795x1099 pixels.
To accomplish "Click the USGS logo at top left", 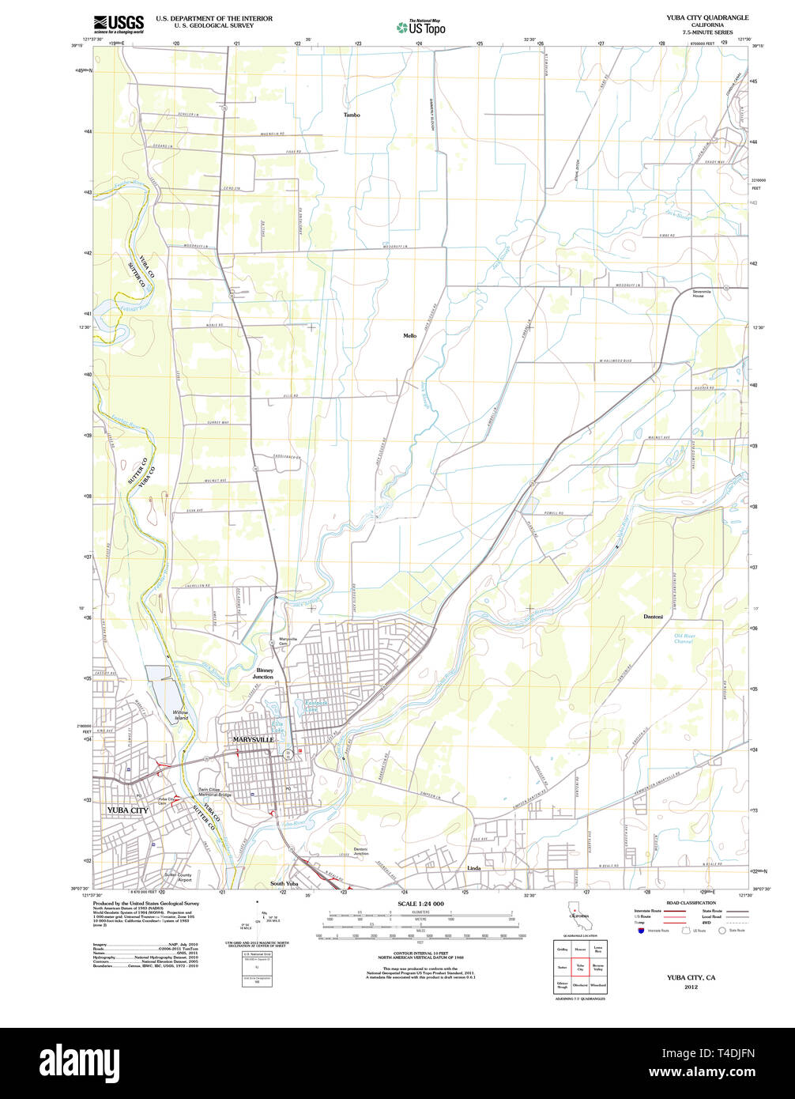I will tap(119, 24).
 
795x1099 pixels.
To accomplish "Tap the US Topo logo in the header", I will tap(421, 27).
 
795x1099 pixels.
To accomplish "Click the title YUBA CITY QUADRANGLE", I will tap(706, 17).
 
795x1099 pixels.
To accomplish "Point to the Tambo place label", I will tap(352, 115).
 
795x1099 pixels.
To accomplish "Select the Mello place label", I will tap(409, 336).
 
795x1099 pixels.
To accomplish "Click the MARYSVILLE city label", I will tap(254, 739).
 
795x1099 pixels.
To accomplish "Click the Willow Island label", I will tap(181, 715).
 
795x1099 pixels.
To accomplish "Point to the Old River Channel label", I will tap(684, 638).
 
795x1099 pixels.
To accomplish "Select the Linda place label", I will tap(474, 868).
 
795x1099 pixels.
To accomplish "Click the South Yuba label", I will tap(284, 883).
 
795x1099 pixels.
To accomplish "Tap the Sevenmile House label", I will tap(708, 293).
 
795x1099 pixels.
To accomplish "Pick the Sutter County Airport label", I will tap(178, 878).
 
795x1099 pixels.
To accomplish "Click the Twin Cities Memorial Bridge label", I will tap(214, 792).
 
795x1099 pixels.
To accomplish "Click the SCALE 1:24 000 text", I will tap(420, 904).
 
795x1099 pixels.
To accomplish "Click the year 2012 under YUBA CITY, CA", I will tap(691, 988).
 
